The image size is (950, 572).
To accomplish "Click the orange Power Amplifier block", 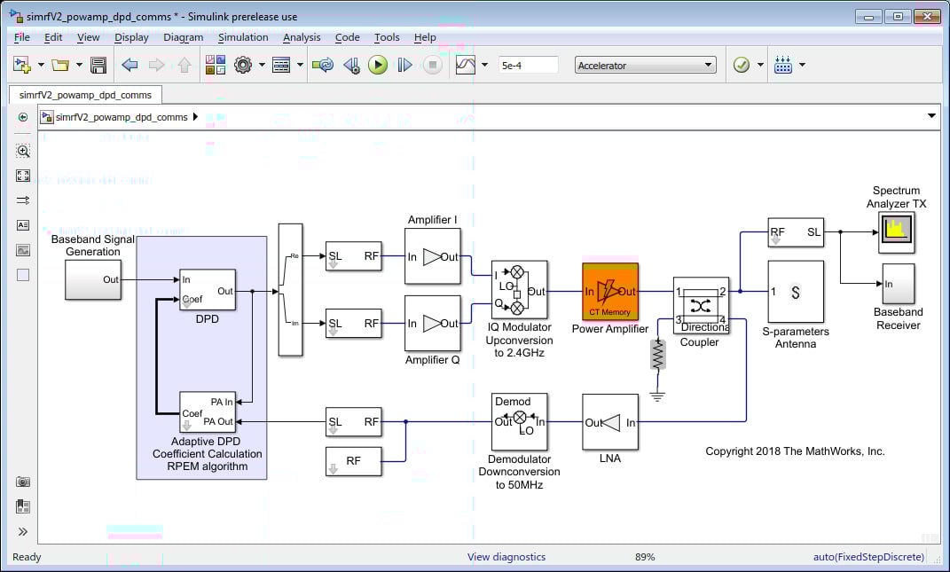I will coord(610,291).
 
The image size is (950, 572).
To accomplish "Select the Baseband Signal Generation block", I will coord(93,279).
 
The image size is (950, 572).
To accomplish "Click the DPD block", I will coord(208,290).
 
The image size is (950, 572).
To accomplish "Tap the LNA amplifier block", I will coord(610,423).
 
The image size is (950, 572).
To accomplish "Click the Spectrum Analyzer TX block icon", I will coord(896,231).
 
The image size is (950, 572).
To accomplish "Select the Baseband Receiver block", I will coord(898,283).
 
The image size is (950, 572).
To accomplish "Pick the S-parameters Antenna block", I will coord(796,292).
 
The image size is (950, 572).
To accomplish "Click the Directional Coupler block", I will coord(701,305).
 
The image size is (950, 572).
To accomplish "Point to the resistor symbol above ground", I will coord(657,355).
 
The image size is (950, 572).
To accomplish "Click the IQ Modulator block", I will coord(520,290).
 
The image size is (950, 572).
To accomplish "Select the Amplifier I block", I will coord(433,257).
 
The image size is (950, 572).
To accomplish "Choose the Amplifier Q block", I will coord(433,324).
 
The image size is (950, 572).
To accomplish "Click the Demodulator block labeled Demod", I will coord(520,422).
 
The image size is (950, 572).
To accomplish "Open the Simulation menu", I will coord(243,37).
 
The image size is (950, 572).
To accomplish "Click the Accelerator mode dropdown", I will coord(645,65).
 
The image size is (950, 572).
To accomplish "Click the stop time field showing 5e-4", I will coord(528,65).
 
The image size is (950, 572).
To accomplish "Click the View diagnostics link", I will coord(506,557).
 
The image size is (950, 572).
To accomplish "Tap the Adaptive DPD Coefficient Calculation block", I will coord(208,412).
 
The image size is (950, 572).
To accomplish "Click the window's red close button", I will coord(929,16).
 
